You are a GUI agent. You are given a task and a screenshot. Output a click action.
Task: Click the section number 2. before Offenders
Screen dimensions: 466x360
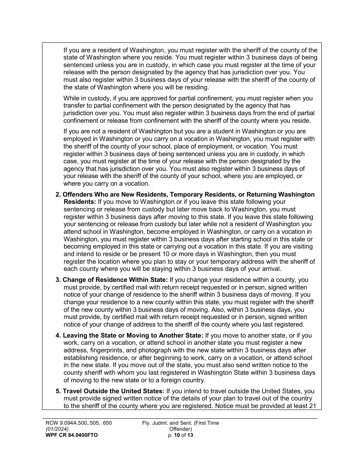pyautogui.click(x=58, y=194)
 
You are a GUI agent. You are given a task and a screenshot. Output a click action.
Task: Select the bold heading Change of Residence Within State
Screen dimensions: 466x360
pyautogui.click(x=115, y=280)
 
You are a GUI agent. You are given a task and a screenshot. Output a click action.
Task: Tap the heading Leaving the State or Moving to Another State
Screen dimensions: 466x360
pyautogui.click(x=133, y=335)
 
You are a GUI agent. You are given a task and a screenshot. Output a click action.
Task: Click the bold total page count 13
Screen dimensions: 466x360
pyautogui.click(x=190, y=435)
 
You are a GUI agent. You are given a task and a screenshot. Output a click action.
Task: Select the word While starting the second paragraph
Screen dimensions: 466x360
pyautogui.click(x=72, y=98)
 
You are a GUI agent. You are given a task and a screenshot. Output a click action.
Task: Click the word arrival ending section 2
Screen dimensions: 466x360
pyautogui.click(x=270, y=269)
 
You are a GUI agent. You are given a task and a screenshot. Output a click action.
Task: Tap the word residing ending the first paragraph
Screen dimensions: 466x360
pyautogui.click(x=196, y=87)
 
